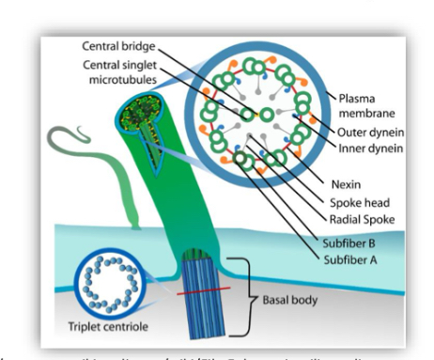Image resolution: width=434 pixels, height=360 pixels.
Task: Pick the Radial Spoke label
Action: [356, 220]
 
